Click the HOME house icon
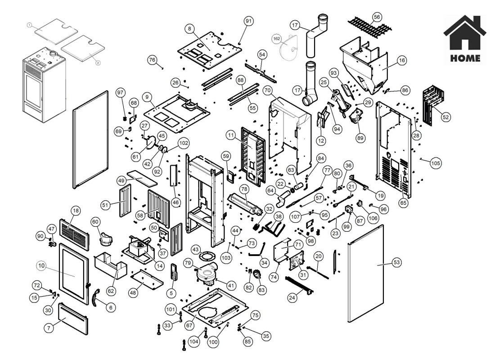click(465, 34)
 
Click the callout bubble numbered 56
click(377, 16)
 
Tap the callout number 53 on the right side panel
click(384, 262)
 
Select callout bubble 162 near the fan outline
click(277, 39)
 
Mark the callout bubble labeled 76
click(152, 59)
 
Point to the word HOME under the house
click(465, 58)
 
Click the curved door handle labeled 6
click(96, 298)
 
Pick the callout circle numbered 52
click(446, 116)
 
